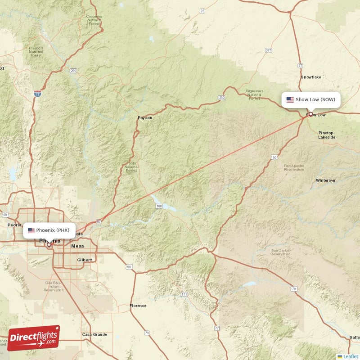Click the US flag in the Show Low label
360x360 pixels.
tap(290, 99)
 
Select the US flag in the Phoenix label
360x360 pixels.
tap(31, 230)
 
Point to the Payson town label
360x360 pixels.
tap(145, 118)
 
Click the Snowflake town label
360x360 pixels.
tap(311, 77)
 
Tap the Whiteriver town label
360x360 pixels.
tap(326, 180)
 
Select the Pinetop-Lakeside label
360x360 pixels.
tap(327, 135)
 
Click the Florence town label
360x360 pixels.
tap(138, 306)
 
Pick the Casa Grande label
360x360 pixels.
tap(94, 334)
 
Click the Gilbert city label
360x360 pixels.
tap(84, 260)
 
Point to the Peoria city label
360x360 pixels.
tap(14, 225)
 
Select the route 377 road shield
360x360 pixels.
tap(269, 50)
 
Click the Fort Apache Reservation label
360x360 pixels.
tap(294, 167)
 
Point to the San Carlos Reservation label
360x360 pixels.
tap(280, 252)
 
